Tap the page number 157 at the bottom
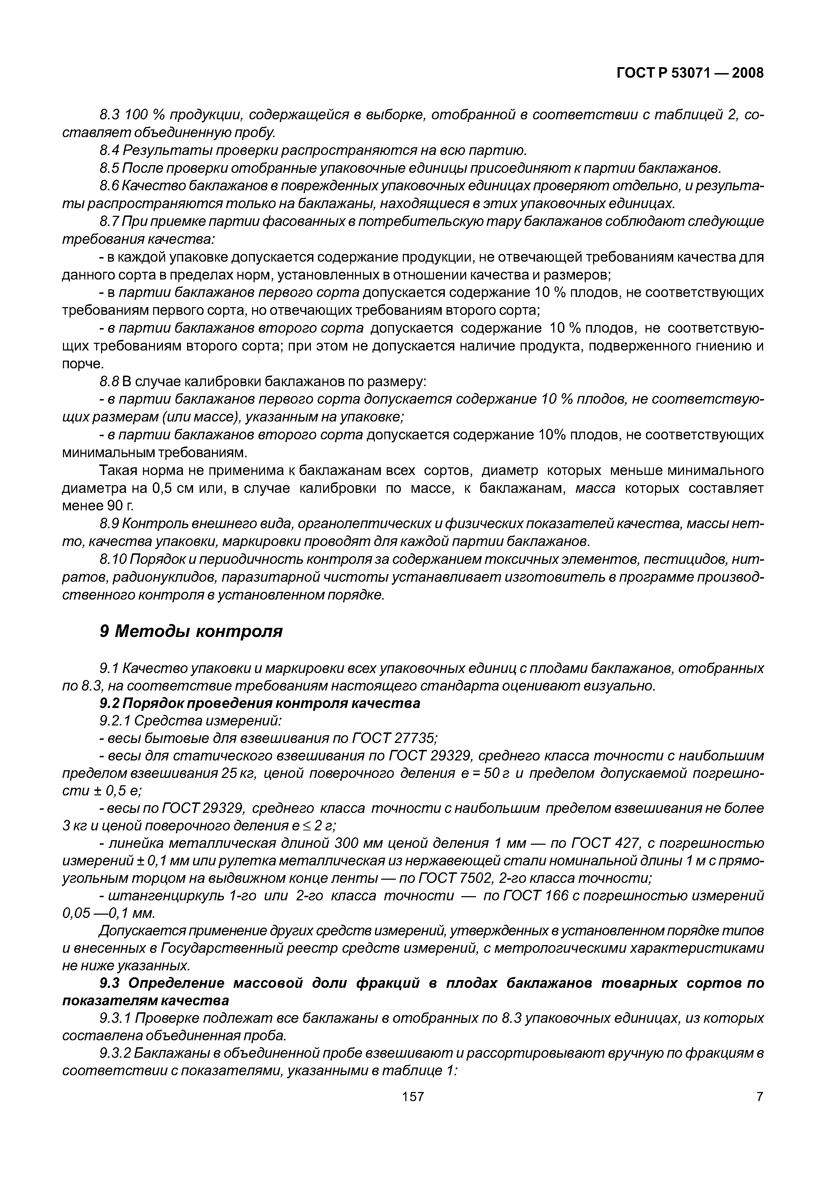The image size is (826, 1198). (x=413, y=1096)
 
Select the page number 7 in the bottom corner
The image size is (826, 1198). (x=759, y=1096)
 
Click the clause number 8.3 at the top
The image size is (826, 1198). (x=109, y=115)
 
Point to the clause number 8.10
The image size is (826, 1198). (x=112, y=559)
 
